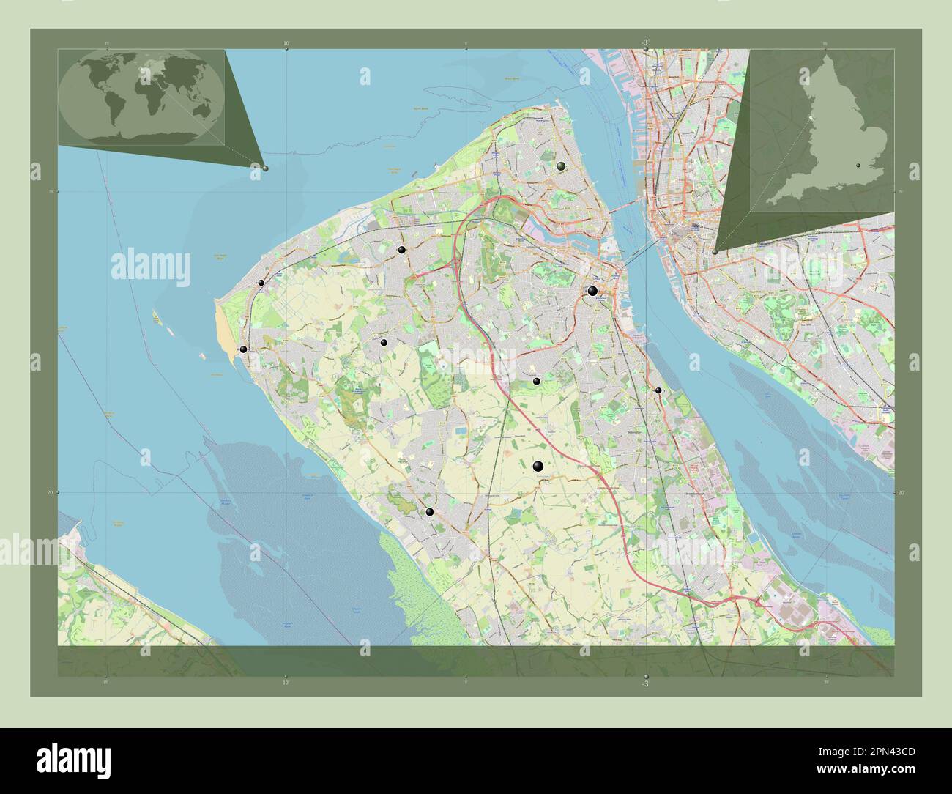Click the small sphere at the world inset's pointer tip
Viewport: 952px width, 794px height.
click(265, 168)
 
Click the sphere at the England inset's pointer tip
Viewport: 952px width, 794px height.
click(715, 251)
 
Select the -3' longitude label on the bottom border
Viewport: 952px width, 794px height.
click(645, 683)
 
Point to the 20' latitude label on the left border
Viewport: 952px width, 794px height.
click(50, 493)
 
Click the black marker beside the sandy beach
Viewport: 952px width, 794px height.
click(243, 349)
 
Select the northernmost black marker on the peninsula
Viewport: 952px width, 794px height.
click(561, 166)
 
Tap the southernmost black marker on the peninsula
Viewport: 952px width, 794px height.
click(430, 512)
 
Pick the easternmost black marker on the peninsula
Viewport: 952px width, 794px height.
click(658, 390)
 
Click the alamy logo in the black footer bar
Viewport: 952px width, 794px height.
click(73, 760)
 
